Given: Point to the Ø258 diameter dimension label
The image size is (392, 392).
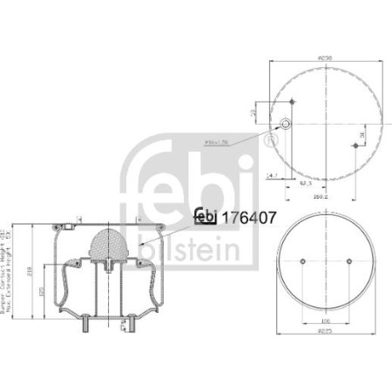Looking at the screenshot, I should (x=325, y=56).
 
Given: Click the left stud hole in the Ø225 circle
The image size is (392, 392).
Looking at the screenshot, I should (x=301, y=261).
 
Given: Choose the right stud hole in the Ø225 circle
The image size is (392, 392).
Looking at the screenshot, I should (x=348, y=261).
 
